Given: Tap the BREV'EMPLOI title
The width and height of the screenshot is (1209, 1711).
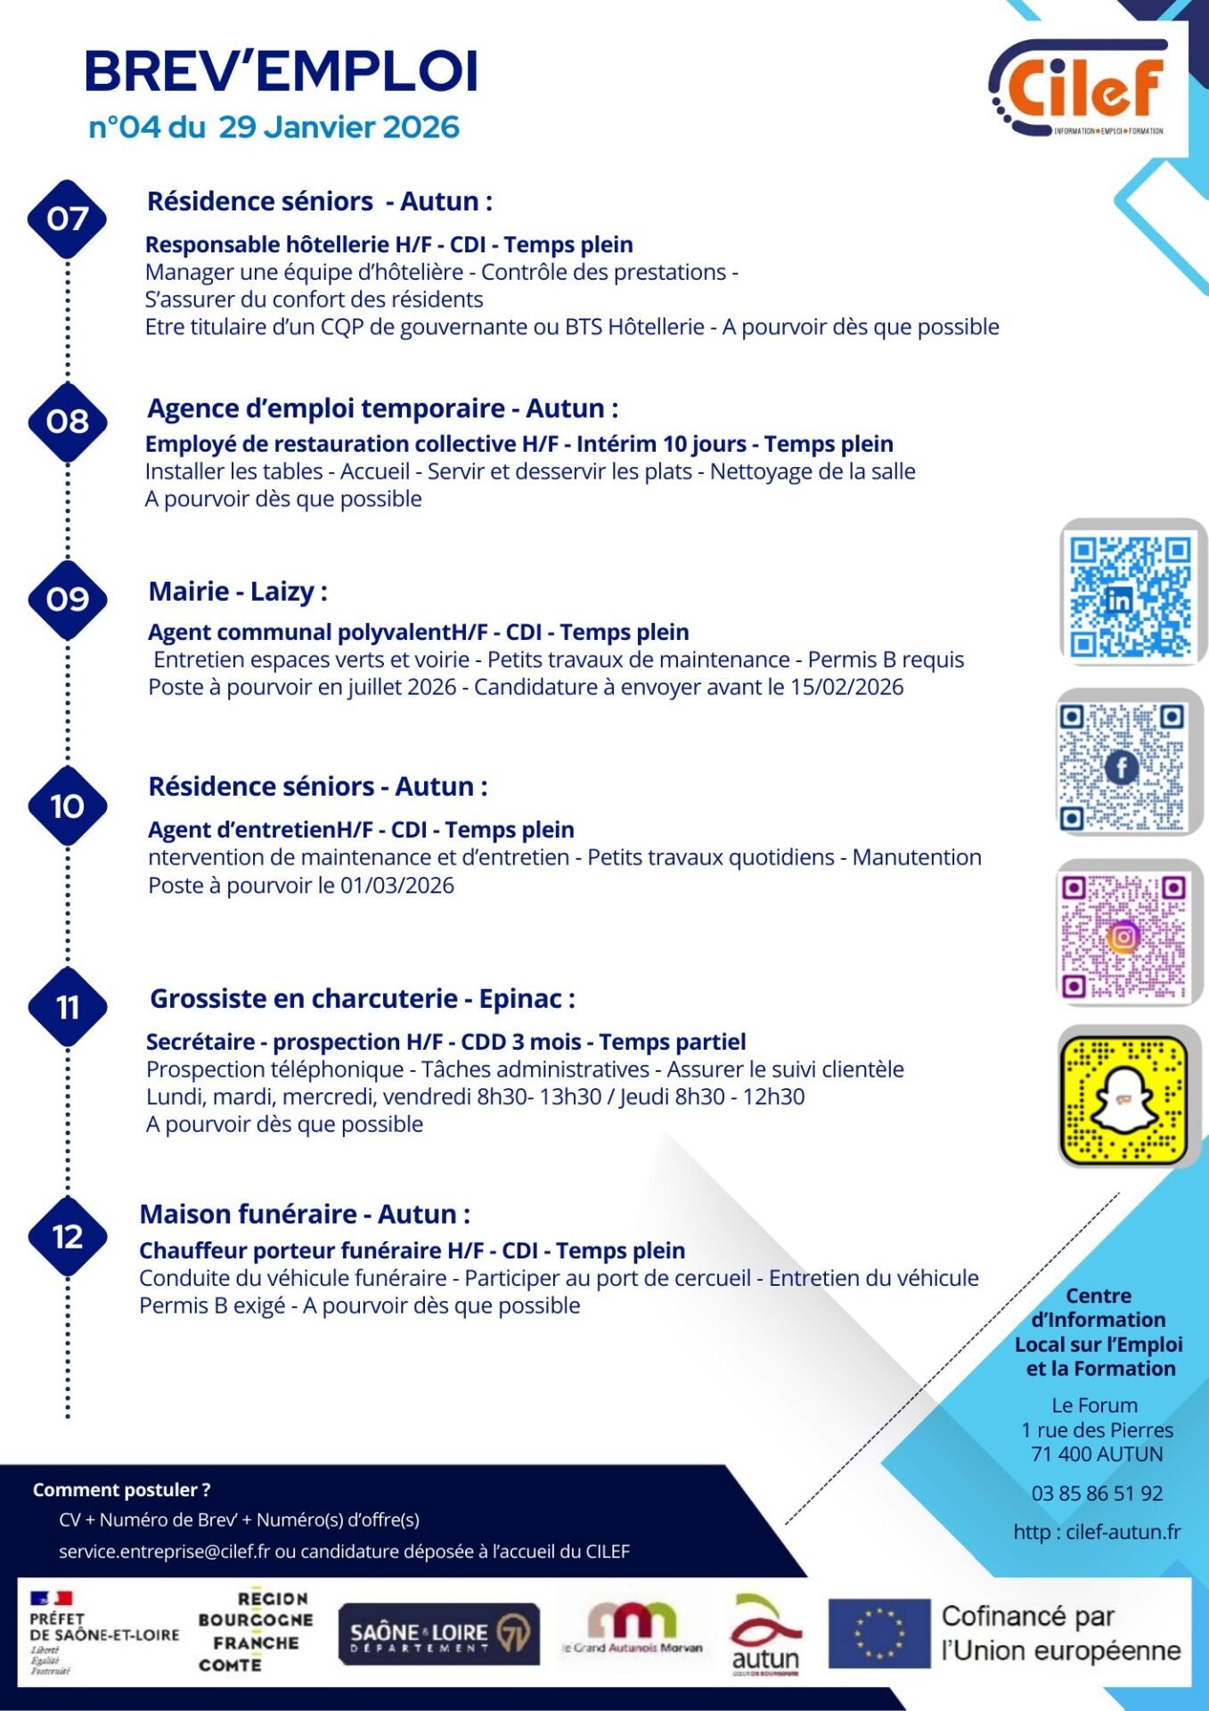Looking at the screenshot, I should click(282, 71).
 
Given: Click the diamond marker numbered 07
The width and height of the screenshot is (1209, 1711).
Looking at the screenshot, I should click(68, 218).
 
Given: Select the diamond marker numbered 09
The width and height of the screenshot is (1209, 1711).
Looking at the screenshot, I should click(68, 599).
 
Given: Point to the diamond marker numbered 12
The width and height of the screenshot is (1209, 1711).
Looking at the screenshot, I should click(68, 1236).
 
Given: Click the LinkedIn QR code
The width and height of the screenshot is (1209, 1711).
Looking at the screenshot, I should click(1130, 593).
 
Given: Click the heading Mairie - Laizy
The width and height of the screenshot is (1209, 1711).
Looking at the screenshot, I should click(238, 592).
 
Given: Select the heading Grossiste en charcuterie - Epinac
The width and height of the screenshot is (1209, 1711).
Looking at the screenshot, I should click(362, 999).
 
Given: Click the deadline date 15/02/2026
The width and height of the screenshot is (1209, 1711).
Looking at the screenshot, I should click(846, 687).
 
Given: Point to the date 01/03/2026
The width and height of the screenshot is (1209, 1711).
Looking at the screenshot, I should click(397, 886).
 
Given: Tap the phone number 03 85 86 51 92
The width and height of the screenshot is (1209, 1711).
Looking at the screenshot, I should click(1097, 1494).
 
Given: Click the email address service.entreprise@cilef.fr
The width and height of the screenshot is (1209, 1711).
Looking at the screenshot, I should click(164, 1551).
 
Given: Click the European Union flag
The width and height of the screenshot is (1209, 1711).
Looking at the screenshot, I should click(878, 1633).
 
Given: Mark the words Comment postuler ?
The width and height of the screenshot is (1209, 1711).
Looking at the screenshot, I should click(121, 1490).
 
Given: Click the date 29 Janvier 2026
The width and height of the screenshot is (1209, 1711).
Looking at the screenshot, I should click(339, 127).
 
